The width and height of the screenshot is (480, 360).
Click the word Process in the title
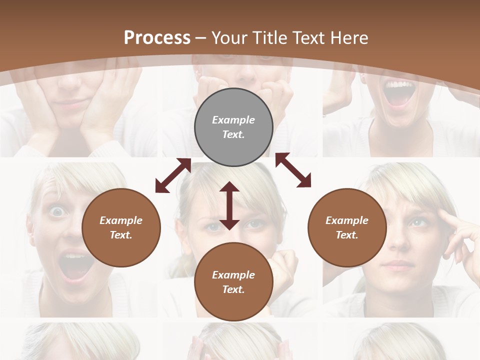click(x=157, y=38)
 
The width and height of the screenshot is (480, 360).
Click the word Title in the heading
click(x=271, y=38)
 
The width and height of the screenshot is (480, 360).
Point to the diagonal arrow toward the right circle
click(x=293, y=170)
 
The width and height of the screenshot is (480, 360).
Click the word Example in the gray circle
click(x=233, y=120)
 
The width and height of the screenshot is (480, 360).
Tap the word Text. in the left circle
click(x=121, y=235)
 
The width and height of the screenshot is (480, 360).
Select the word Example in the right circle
click(x=347, y=220)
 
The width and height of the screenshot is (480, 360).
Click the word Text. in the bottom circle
click(x=233, y=289)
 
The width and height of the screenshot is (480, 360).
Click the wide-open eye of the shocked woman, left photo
click(x=58, y=212)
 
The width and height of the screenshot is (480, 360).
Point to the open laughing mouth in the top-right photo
click(x=398, y=93)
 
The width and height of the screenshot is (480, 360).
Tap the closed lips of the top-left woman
click(x=71, y=104)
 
